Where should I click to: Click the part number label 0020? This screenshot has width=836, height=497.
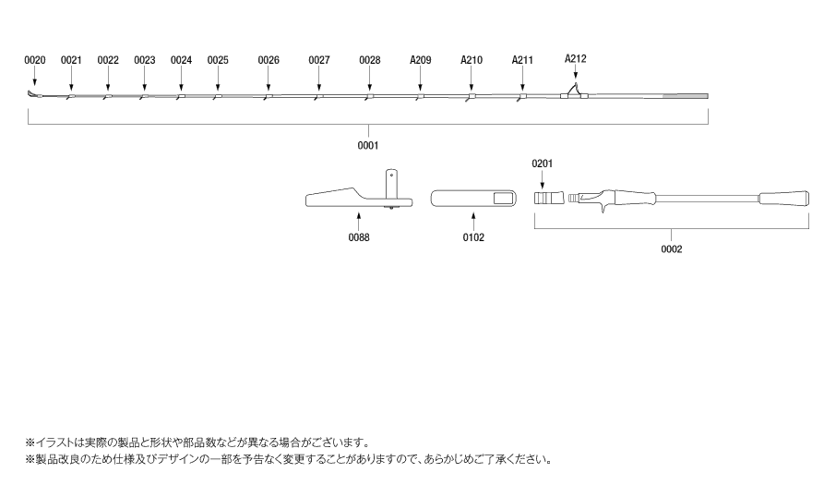(35, 60)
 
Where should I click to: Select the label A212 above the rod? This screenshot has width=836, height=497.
(575, 59)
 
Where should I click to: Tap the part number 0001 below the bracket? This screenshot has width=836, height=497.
(368, 146)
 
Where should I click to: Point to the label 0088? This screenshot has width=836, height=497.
(359, 237)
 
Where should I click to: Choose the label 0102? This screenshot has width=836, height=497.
(473, 237)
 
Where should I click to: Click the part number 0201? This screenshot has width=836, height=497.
(543, 164)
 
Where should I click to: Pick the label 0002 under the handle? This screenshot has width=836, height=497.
(671, 249)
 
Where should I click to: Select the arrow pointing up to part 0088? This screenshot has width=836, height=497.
(359, 222)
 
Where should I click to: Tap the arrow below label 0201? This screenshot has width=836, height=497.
(543, 180)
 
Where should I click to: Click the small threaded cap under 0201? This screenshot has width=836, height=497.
(549, 199)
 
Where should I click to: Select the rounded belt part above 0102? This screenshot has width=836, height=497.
(473, 199)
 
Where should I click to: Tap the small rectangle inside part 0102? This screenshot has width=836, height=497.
(502, 199)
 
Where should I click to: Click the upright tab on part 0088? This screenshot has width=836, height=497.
(391, 183)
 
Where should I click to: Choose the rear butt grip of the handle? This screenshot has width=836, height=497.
(783, 199)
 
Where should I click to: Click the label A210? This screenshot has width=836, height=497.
(472, 60)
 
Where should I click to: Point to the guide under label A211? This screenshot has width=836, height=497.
(521, 97)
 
